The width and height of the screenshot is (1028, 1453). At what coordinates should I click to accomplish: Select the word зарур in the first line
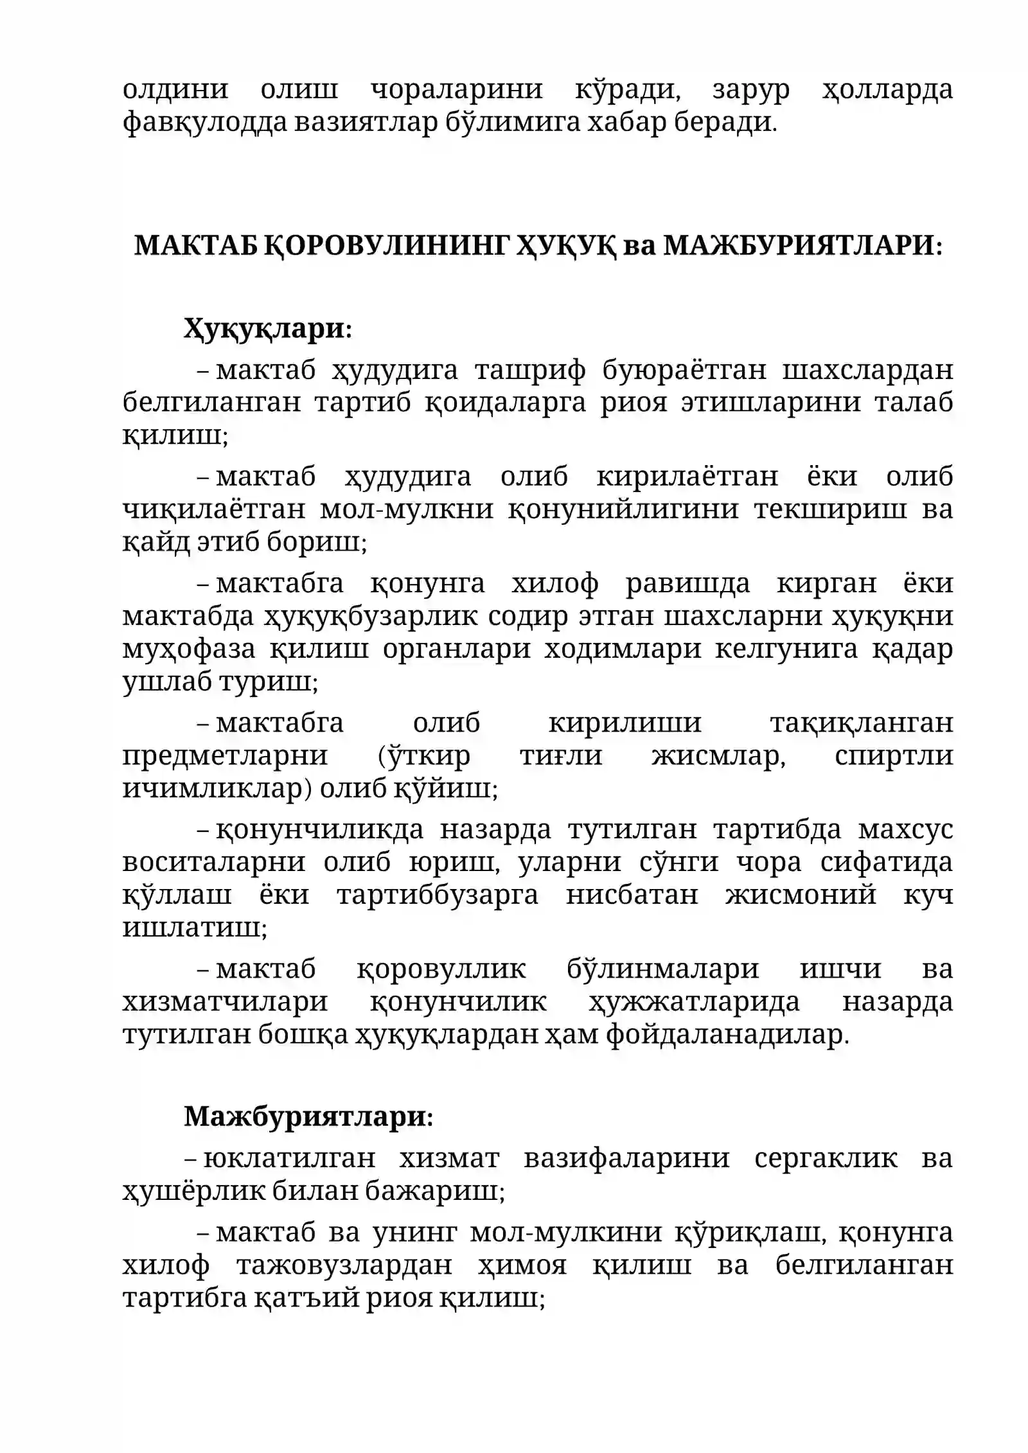coord(751,89)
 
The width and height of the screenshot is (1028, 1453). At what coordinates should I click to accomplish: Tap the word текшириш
coord(831,509)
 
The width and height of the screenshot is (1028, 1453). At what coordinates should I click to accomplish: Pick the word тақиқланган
coord(861,723)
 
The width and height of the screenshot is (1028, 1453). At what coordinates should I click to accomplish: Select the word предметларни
coord(225,755)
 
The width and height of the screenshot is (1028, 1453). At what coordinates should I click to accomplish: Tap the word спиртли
coord(894,755)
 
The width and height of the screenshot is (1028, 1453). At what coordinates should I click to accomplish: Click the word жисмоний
coord(801,894)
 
